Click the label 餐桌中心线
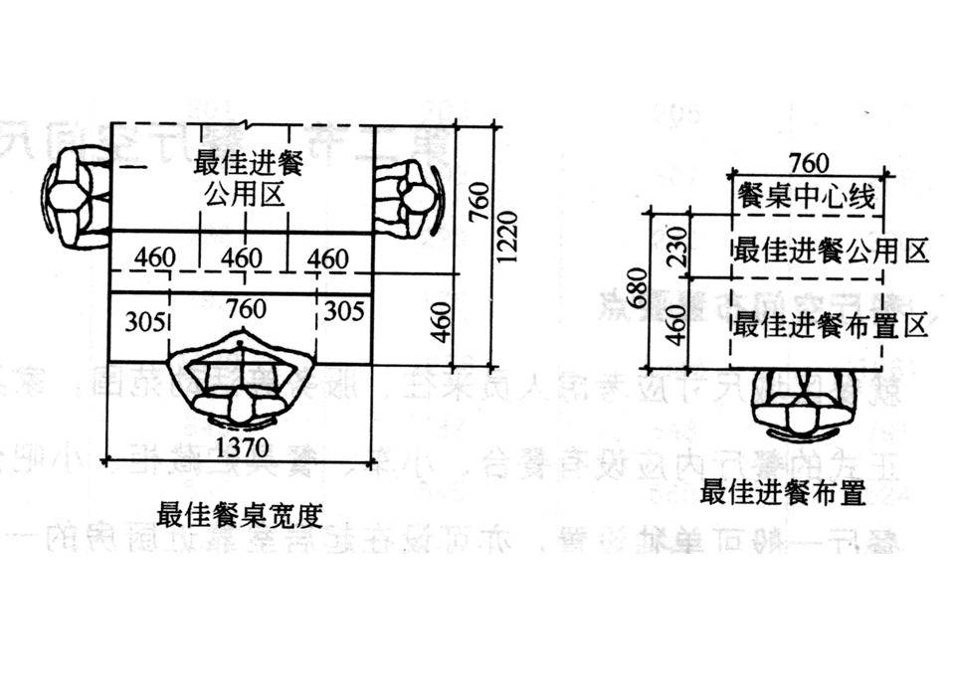pos(806,197)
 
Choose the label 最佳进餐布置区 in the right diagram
pos(831,324)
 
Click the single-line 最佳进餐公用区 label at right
pos(831,250)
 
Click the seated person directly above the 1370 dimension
pos(242,388)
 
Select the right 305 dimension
pos(344,311)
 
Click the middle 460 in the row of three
pos(242,259)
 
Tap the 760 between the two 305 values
pos(245,310)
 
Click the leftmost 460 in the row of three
pos(154,259)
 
